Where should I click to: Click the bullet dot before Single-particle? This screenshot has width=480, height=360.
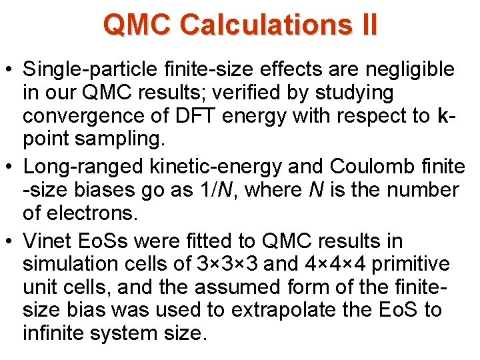(11, 69)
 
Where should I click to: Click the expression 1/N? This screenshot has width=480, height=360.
(219, 190)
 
